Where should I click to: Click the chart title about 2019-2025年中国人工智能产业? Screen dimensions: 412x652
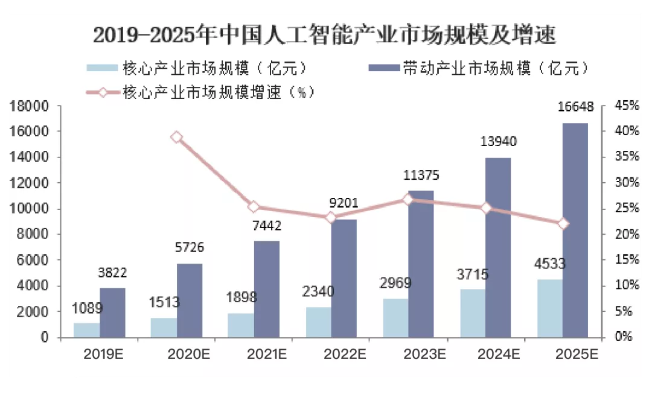[x=324, y=36]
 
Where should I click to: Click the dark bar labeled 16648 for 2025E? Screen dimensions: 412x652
[x=575, y=229]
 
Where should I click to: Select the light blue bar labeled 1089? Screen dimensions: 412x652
[x=87, y=330]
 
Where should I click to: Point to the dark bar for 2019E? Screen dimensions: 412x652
[x=112, y=312]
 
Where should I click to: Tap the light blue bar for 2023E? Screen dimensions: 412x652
[x=395, y=318]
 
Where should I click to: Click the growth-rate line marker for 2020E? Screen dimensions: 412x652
[x=176, y=138]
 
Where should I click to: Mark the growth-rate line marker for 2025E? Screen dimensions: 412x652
[x=563, y=224]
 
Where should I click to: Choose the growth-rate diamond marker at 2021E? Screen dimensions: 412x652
[x=254, y=207]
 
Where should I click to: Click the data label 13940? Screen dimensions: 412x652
[x=498, y=142]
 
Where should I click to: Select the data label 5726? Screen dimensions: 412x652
[x=190, y=247]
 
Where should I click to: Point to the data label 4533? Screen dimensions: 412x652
[x=549, y=264]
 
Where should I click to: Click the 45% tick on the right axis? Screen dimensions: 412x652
[x=625, y=106]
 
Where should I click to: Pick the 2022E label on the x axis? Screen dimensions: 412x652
[x=344, y=354]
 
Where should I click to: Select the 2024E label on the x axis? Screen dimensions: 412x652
[x=499, y=354]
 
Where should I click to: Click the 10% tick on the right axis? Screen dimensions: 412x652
[x=625, y=285]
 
